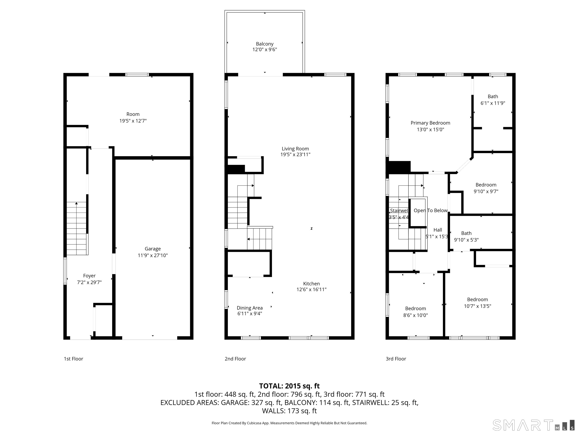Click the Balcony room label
click(x=265, y=44)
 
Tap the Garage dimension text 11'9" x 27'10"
click(x=153, y=255)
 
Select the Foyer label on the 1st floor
click(x=89, y=276)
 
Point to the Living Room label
click(x=295, y=149)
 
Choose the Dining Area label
click(x=250, y=308)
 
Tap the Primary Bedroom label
click(x=430, y=123)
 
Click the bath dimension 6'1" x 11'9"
click(x=493, y=103)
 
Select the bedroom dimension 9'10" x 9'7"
click(x=486, y=191)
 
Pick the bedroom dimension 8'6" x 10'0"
click(x=415, y=315)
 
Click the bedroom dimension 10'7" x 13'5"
click(x=477, y=306)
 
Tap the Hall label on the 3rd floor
click(x=438, y=230)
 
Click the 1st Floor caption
click(x=74, y=359)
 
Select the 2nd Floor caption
click(x=235, y=359)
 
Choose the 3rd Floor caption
click(x=396, y=359)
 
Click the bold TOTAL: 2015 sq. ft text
click(x=289, y=386)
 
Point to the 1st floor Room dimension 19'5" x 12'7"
click(x=133, y=121)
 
